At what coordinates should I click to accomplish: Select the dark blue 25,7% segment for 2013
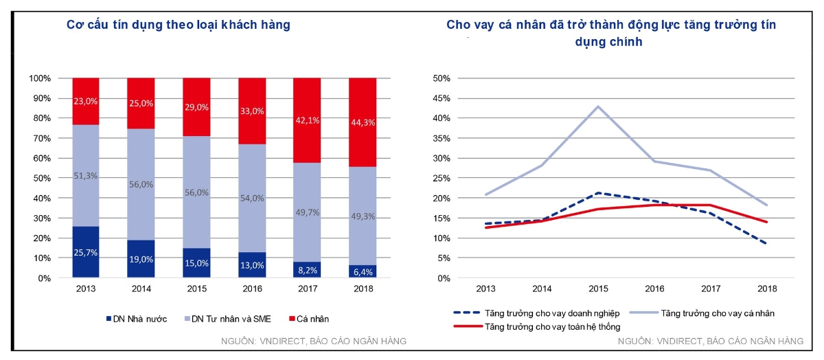(x=86, y=252)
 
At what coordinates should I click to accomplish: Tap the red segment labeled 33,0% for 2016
(x=252, y=111)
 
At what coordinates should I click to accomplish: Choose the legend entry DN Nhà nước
(x=136, y=319)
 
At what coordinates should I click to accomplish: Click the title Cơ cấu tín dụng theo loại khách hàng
(x=178, y=25)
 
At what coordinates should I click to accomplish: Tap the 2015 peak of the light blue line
(x=598, y=106)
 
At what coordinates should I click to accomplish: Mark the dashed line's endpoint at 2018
(x=767, y=244)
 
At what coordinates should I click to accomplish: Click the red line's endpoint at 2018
(x=767, y=222)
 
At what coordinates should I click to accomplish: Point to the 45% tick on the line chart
(x=441, y=98)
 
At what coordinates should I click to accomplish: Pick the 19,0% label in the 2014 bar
(x=141, y=260)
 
